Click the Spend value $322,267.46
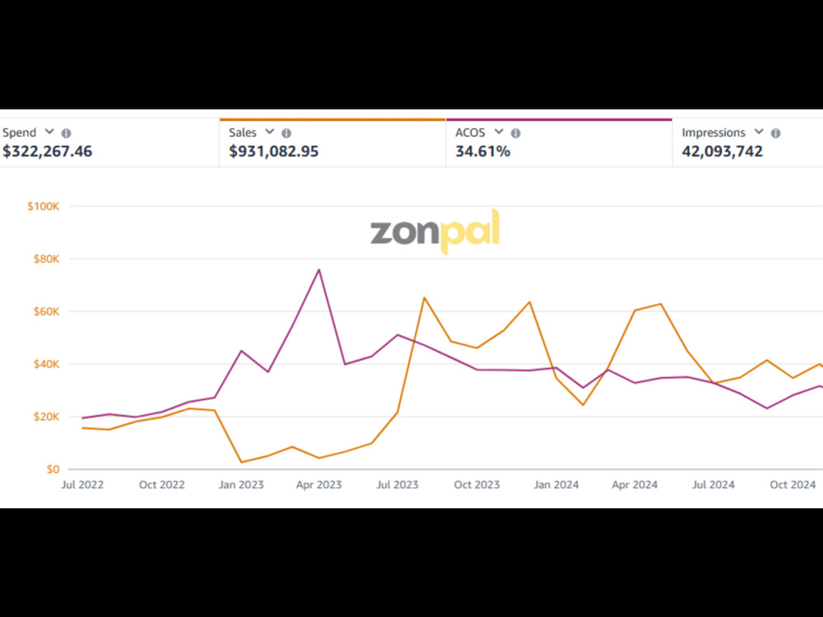coord(47,152)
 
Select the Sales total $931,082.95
coord(273,152)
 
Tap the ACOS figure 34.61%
coord(483,152)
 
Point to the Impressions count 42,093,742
coord(723,152)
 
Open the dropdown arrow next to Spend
coord(49,131)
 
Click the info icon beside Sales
coord(286,133)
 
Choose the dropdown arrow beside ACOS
coord(499,131)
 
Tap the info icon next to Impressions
coord(776,133)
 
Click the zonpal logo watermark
coord(435,231)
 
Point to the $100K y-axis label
coord(44,206)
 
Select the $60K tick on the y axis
coord(47,311)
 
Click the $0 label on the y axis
coord(53,469)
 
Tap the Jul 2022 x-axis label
coord(82,484)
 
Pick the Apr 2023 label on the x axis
coord(319,484)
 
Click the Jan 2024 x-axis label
coord(556,484)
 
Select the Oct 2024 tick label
coord(793,484)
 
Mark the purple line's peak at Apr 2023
coord(319,269)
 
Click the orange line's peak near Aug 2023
coord(424,297)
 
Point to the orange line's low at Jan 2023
coord(241,462)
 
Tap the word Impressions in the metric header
coord(714,133)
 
